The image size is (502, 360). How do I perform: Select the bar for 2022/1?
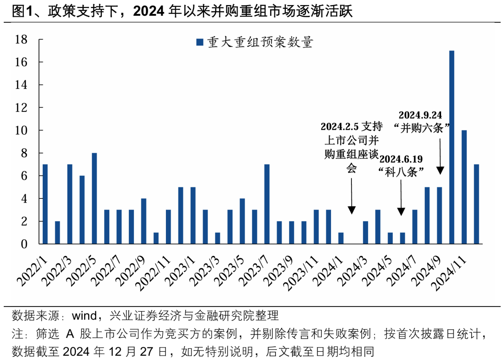click(x=45, y=204)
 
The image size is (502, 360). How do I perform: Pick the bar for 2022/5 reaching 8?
click(x=94, y=198)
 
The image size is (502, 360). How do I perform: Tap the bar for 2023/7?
click(x=267, y=204)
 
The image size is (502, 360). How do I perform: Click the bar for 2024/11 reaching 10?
click(x=464, y=187)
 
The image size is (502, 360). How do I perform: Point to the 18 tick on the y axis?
click(x=22, y=39)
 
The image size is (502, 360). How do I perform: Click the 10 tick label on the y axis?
click(x=22, y=131)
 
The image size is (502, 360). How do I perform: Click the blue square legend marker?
click(x=200, y=43)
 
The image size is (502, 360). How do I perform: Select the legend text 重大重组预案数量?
click(x=260, y=43)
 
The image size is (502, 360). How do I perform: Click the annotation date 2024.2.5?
click(x=340, y=126)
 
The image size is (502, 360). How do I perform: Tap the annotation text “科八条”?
click(x=403, y=172)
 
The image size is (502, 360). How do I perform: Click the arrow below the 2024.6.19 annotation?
click(x=402, y=197)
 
